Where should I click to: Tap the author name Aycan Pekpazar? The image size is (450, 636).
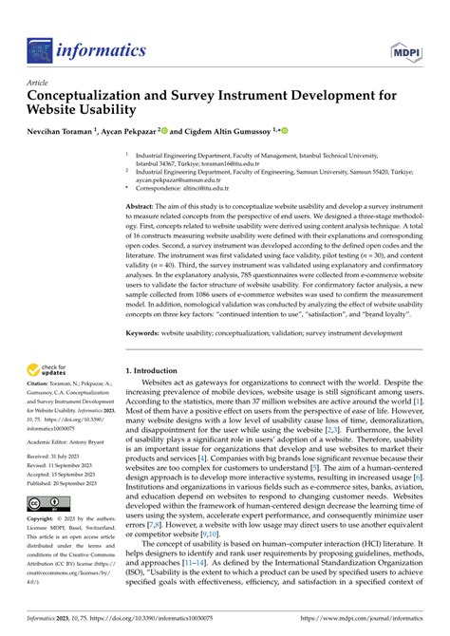click(x=159, y=132)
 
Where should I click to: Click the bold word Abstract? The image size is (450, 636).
click(x=144, y=206)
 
